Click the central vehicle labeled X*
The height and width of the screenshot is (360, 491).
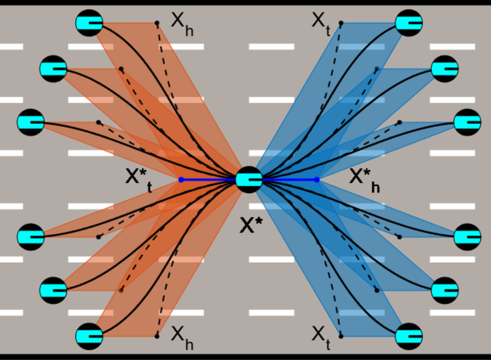(249, 179)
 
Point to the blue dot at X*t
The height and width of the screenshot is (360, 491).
(181, 179)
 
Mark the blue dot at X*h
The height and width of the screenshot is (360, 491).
(317, 179)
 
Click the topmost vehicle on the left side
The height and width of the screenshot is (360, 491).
(89, 23)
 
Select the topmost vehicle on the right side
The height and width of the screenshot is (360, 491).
(409, 23)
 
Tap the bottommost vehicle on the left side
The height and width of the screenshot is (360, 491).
(89, 336)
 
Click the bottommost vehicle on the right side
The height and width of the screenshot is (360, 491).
(409, 336)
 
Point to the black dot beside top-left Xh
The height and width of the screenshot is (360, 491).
(157, 23)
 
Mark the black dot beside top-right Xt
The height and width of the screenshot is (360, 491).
(341, 23)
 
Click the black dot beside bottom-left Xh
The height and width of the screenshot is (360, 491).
(157, 336)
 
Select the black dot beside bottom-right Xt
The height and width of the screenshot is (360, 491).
(341, 336)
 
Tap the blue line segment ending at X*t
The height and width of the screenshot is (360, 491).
(208, 179)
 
